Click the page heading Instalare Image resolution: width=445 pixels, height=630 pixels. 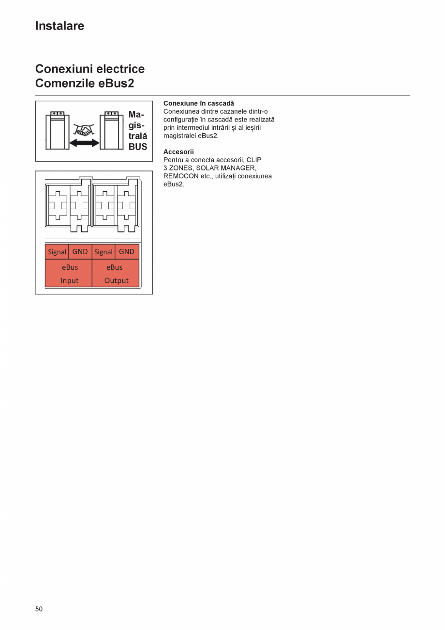[59, 26]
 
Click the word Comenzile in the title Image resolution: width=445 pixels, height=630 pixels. [65, 83]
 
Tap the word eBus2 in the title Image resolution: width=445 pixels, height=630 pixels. [117, 83]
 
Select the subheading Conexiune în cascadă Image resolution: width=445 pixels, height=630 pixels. [198, 103]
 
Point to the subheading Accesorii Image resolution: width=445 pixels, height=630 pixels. [178, 152]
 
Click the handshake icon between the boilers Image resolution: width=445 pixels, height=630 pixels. [84, 129]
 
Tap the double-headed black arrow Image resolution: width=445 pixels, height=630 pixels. [84, 143]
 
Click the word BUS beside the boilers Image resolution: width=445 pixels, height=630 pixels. [138, 147]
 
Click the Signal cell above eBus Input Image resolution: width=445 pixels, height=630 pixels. [57, 252]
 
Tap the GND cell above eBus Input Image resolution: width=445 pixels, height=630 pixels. [80, 252]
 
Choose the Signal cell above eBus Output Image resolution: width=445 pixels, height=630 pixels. [103, 252]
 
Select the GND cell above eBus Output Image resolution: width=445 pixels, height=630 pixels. [127, 252]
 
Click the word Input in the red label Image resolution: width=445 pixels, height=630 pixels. [70, 280]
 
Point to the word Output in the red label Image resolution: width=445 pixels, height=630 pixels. [116, 280]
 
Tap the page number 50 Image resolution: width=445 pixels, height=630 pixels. [39, 609]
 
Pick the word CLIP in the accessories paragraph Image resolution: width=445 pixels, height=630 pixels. [254, 160]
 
